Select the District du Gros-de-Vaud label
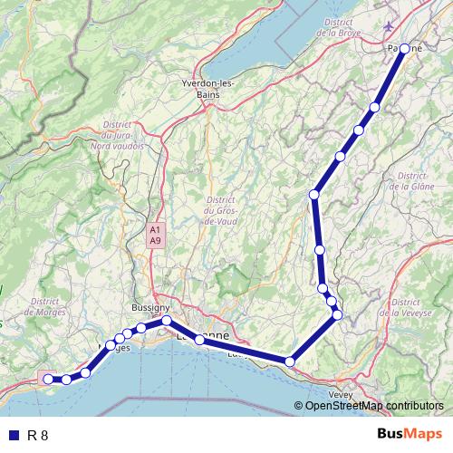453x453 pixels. pyautogui.click(x=220, y=210)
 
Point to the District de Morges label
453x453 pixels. pyautogui.click(x=43, y=306)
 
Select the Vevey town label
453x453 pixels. pyautogui.click(x=341, y=395)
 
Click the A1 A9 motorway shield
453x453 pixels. pyautogui.click(x=156, y=236)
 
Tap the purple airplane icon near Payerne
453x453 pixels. pyautogui.click(x=390, y=26)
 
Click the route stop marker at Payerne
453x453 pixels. pyautogui.click(x=405, y=48)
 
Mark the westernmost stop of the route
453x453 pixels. pyautogui.click(x=48, y=379)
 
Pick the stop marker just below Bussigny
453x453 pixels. pyautogui.click(x=167, y=321)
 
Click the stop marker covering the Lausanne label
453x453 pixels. pyautogui.click(x=200, y=340)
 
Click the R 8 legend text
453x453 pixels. pyautogui.click(x=37, y=435)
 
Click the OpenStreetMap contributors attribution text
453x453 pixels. pyautogui.click(x=375, y=406)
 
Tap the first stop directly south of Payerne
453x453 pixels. pyautogui.click(x=375, y=107)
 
